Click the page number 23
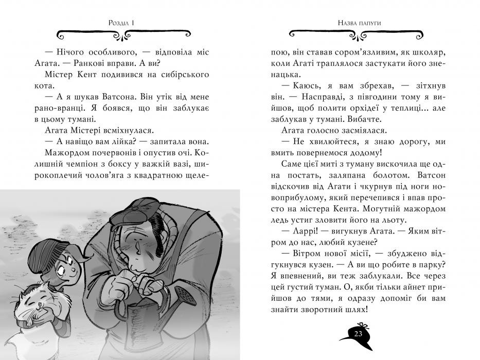point(358,334)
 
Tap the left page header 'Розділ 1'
point(122,22)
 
